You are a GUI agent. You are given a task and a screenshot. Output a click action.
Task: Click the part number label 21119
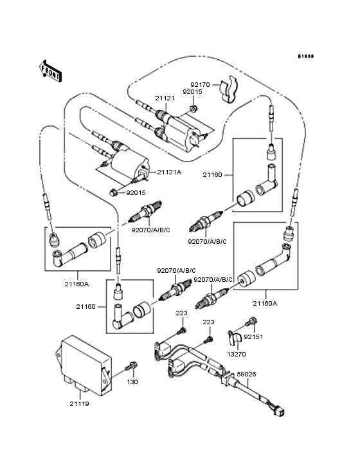coord(80,403)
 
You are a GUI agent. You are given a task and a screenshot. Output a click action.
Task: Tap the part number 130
coord(132,382)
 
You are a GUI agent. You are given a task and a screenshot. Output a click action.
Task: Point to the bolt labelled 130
coord(132,367)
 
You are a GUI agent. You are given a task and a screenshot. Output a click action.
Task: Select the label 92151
coord(272,337)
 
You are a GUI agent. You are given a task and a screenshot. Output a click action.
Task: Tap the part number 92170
coord(201,84)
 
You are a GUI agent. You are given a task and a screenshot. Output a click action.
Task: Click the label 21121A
coord(169,172)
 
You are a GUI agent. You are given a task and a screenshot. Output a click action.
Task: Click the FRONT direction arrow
coord(51,70)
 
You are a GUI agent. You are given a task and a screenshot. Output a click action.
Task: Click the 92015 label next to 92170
coord(192,92)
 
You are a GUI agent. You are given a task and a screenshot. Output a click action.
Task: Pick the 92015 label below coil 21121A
coord(136,192)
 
